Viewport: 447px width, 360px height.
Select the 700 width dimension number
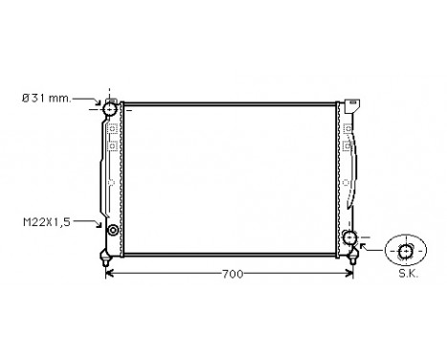231,275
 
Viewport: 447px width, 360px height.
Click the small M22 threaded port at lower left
113,231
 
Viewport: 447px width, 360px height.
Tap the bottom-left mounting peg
104,256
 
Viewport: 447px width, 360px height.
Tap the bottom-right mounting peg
354,256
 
